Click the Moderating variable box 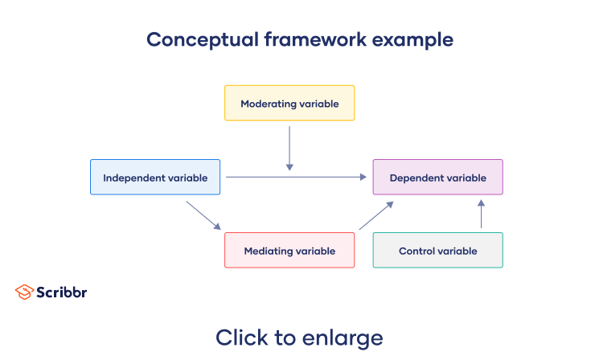click(x=289, y=104)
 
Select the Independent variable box click(x=155, y=178)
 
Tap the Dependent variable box click(x=437, y=178)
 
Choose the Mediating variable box click(x=289, y=251)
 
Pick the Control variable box click(x=437, y=251)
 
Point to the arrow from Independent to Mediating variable click(x=203, y=215)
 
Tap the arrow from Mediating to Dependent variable click(x=376, y=215)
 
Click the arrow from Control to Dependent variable click(x=481, y=215)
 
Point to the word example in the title click(x=416, y=39)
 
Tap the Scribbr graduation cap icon click(x=24, y=292)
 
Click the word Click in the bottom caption click(x=240, y=337)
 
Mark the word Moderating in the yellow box click(x=265, y=104)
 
